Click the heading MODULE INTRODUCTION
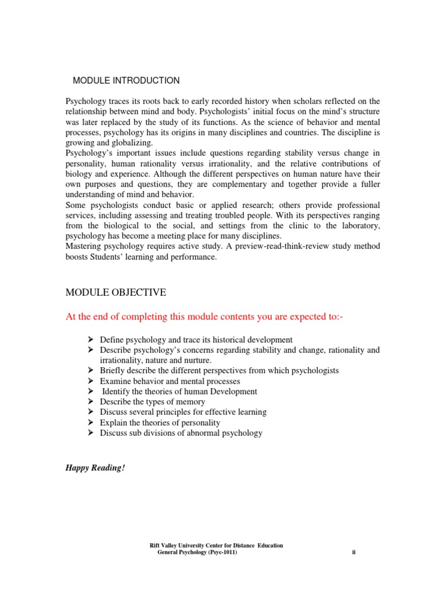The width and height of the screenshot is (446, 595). (126, 81)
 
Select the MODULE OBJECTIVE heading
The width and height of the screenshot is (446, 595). (116, 292)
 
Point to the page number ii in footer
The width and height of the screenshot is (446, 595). (353, 552)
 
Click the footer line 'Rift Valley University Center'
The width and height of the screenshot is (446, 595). (217, 545)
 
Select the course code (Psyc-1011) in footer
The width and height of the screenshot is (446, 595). (217, 552)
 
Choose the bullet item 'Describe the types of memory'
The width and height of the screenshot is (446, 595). (152, 402)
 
